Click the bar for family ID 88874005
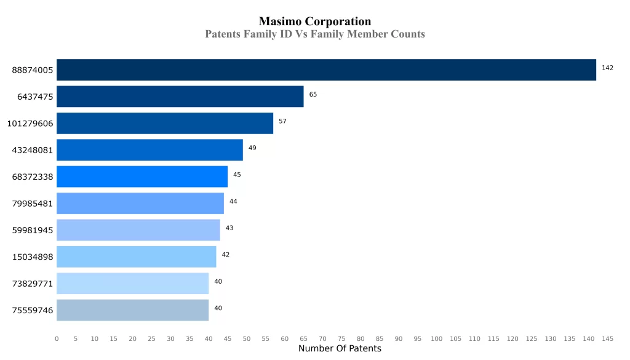tap(326, 70)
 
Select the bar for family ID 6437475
tap(180, 97)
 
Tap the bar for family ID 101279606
tap(165, 123)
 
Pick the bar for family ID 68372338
tap(142, 177)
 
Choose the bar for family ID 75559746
tap(132, 310)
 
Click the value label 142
tap(607, 68)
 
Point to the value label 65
tap(313, 95)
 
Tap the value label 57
tap(282, 121)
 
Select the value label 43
tap(229, 228)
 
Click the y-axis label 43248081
tap(33, 150)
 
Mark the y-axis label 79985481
tap(33, 204)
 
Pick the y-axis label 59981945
tap(33, 230)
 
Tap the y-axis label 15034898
tap(33, 257)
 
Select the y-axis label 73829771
tap(33, 284)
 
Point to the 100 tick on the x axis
tap(436, 339)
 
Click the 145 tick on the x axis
tap(607, 339)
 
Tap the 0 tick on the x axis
tap(57, 339)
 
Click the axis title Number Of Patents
tap(340, 349)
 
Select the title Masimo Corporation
tap(315, 22)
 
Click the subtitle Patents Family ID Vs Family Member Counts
tap(315, 34)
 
